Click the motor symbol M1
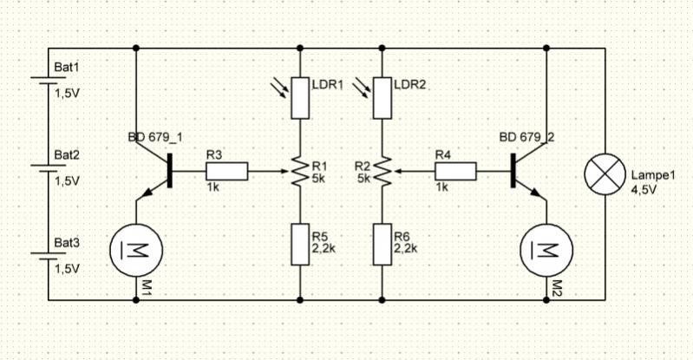click(x=135, y=250)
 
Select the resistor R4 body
click(x=455, y=171)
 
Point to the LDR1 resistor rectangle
click(x=299, y=97)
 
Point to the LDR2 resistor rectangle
click(x=382, y=97)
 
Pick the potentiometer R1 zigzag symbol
click(x=299, y=171)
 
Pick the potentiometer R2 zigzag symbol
click(x=382, y=171)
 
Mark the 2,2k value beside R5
click(x=324, y=248)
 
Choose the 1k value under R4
click(x=441, y=187)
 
